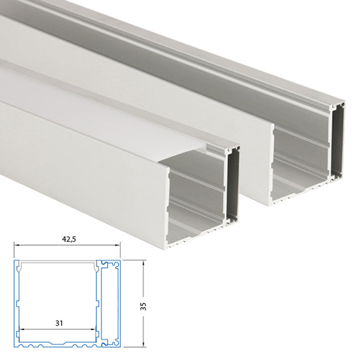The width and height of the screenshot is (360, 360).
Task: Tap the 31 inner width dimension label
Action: [58, 323]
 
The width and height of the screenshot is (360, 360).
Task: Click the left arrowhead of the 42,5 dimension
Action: [16, 245]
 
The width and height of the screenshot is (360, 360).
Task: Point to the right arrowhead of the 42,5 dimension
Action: [119, 245]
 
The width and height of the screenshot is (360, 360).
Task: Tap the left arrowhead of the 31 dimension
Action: [21, 329]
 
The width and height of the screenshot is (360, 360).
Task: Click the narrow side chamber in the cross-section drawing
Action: [109, 306]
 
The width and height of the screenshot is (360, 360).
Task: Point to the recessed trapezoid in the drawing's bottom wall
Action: [58, 343]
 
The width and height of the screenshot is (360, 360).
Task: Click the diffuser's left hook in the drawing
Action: [19, 269]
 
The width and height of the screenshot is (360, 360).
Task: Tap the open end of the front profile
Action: [198, 198]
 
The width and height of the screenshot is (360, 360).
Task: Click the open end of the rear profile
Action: [301, 153]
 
